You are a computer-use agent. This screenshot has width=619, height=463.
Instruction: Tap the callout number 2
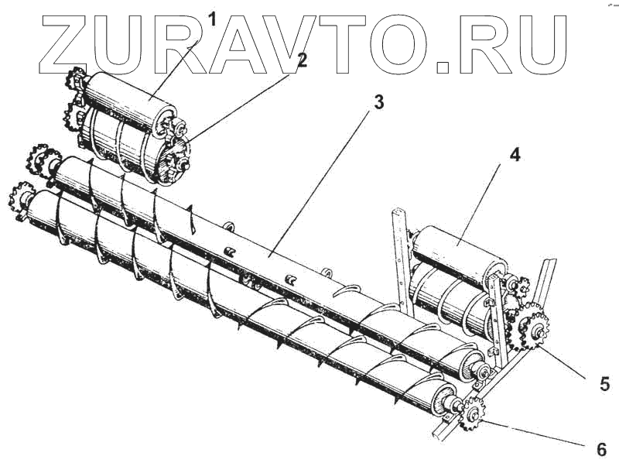(302, 60)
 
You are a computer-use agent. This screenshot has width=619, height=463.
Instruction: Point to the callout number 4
(514, 153)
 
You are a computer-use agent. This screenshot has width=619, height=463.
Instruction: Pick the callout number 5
(605, 383)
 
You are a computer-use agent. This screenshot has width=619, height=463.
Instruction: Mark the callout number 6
(601, 449)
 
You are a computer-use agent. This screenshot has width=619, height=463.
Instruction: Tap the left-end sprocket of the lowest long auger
(21, 198)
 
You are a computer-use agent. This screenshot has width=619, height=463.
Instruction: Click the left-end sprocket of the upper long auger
(39, 160)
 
